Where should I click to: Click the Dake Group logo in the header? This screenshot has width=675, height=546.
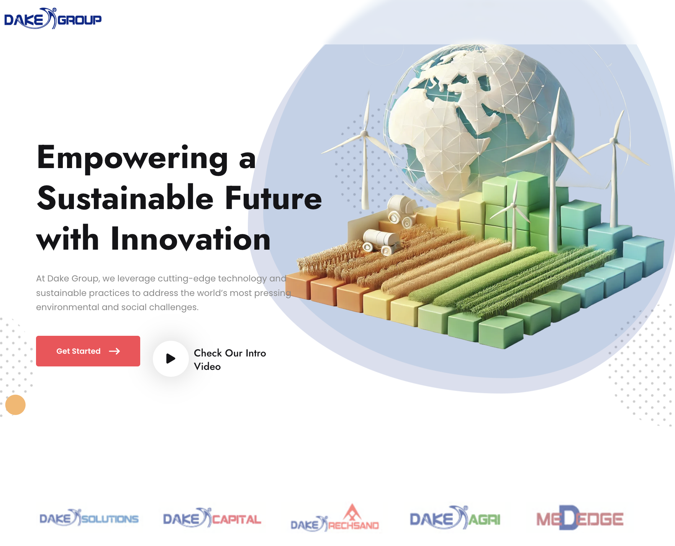(53, 19)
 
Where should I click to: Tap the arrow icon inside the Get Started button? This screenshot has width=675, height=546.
(115, 351)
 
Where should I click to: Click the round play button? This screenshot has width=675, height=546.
(171, 359)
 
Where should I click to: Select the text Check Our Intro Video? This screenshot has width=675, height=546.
(229, 360)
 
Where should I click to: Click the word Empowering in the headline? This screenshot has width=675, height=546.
(133, 158)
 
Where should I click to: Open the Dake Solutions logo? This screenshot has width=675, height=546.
(89, 518)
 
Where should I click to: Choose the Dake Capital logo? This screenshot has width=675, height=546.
(212, 518)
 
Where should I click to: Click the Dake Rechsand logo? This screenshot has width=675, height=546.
(334, 519)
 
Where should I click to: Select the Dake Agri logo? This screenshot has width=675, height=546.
(455, 518)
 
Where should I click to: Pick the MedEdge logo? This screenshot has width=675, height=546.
(580, 518)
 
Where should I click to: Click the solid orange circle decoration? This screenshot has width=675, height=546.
(15, 405)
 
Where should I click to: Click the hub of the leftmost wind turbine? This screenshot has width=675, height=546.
(364, 134)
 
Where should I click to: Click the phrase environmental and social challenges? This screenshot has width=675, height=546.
(117, 307)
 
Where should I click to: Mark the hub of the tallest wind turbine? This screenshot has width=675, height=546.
(552, 139)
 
